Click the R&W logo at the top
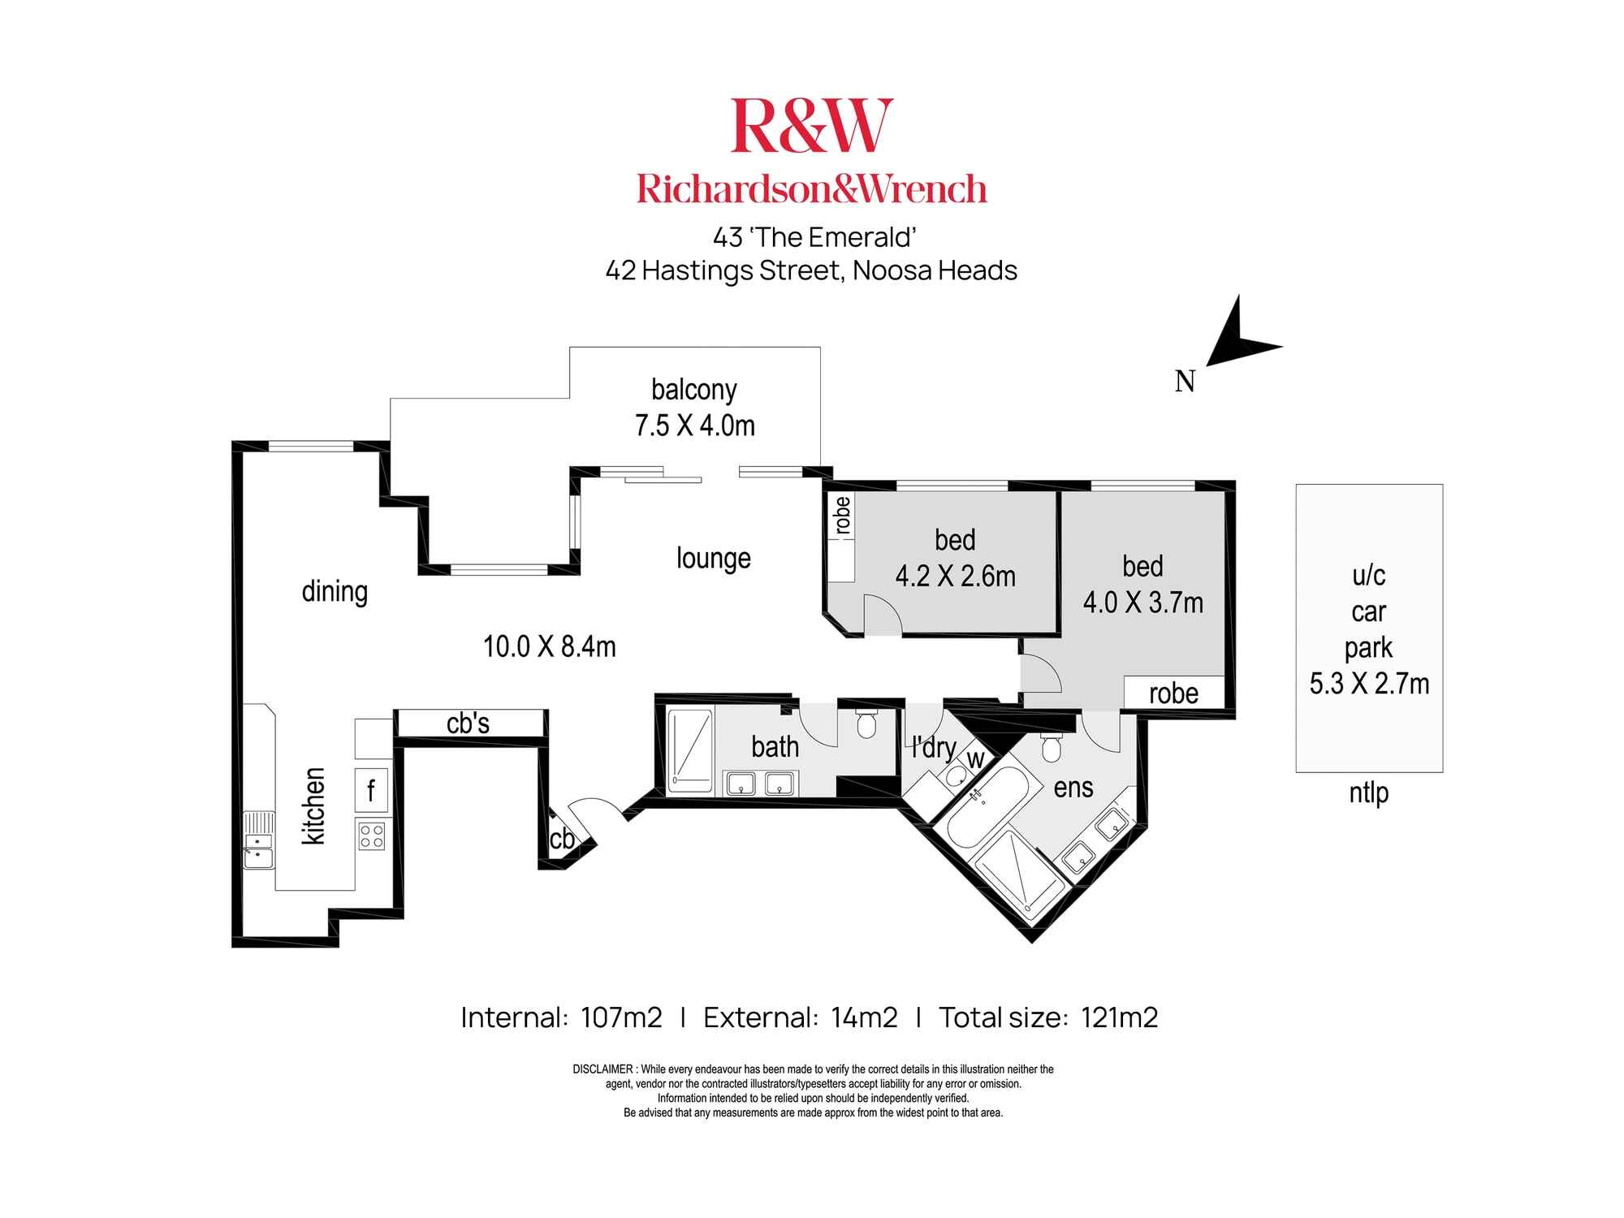pos(811,126)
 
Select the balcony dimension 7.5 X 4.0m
pos(694,425)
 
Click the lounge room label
pos(713,559)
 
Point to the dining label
pos(335,591)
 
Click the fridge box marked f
pos(372,789)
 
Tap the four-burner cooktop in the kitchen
pos(372,836)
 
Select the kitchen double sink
pos(259,841)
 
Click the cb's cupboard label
pos(468,723)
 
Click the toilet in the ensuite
pos(1051,747)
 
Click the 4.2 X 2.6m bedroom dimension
pos(955,577)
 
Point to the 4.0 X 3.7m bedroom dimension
pos(1142,603)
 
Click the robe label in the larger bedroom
pos(1173,693)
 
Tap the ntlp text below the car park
pos(1369,793)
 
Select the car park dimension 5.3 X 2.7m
pos(1369,684)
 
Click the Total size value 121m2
pos(1119,1017)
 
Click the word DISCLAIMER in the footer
pos(603,1069)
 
